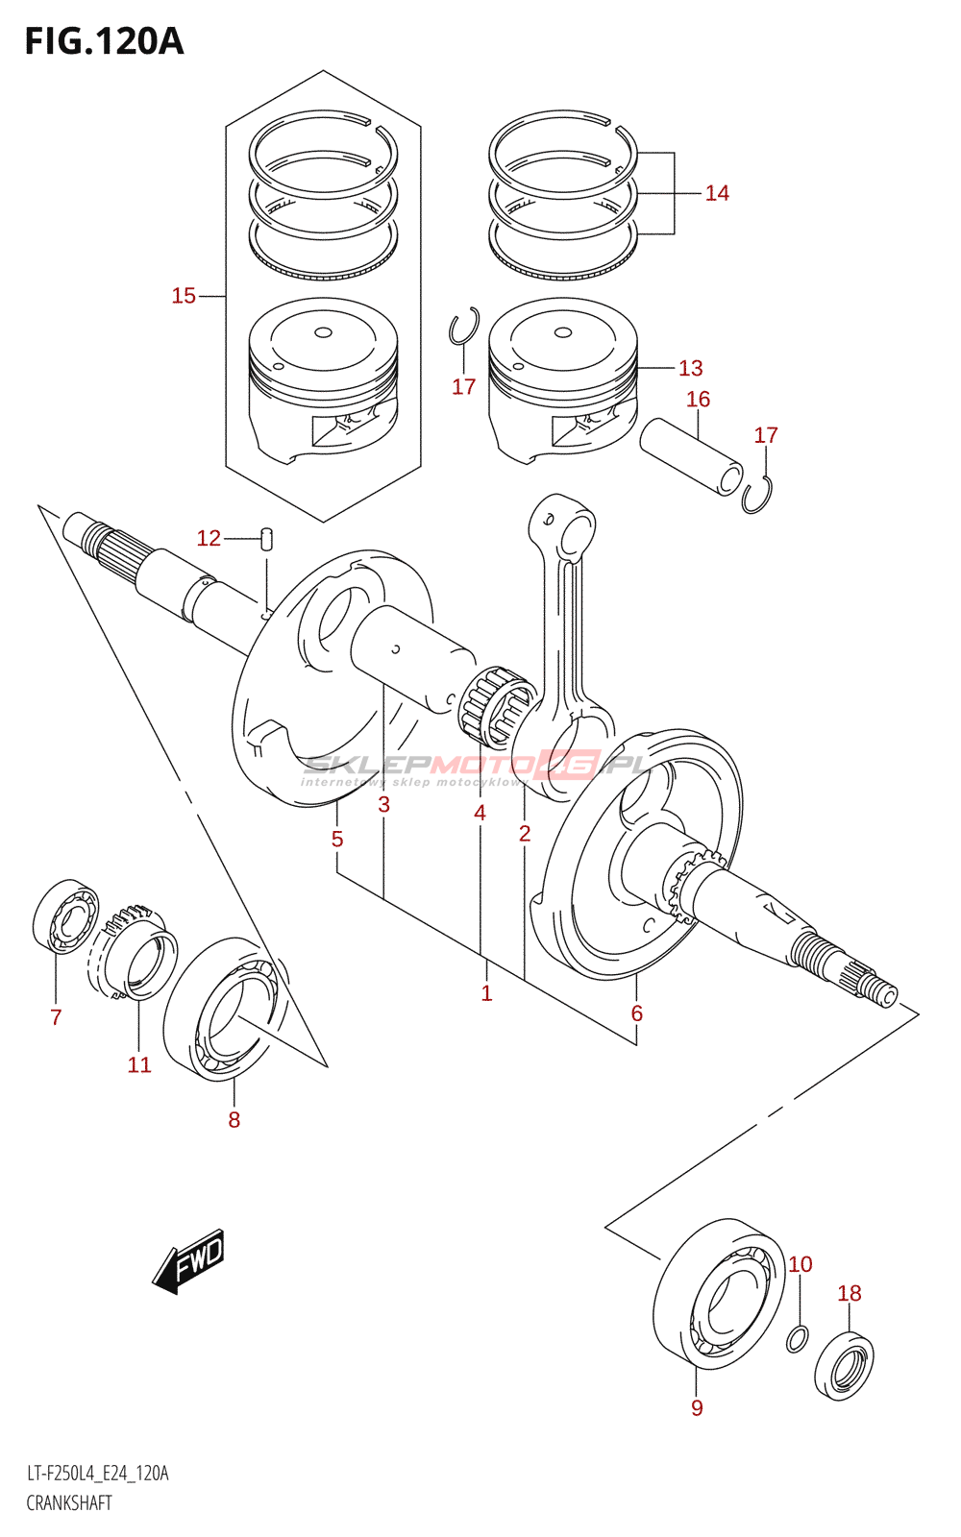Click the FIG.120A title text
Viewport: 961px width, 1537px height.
click(104, 41)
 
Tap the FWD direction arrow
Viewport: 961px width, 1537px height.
click(189, 1259)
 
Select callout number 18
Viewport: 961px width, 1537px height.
click(850, 1293)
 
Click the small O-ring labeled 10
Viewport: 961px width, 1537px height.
click(798, 1338)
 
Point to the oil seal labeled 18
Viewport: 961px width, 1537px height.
click(844, 1365)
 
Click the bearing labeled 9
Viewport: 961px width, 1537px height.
click(721, 1294)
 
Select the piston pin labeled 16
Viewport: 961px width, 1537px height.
click(691, 455)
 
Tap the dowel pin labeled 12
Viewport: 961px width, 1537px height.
click(268, 537)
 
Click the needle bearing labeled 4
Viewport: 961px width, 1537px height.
click(496, 707)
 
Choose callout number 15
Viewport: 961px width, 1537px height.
click(184, 296)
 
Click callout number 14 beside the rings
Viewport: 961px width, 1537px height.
click(717, 193)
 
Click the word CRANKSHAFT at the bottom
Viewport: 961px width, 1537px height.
click(69, 1503)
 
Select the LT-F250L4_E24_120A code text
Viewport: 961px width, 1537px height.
click(97, 1474)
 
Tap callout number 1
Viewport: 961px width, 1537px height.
click(486, 993)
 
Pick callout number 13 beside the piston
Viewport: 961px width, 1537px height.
click(691, 368)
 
